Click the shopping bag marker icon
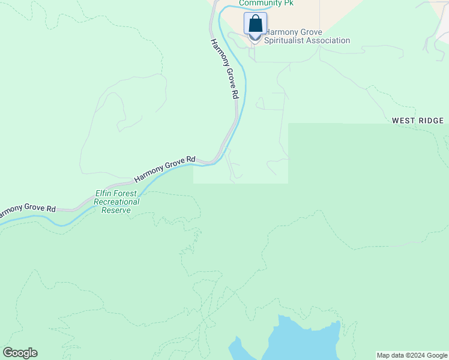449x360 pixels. tap(255, 24)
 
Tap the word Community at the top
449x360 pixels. tap(258, 3)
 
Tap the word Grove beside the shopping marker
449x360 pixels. tap(312, 32)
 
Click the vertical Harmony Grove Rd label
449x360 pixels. tap(225, 69)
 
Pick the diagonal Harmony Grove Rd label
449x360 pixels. tap(165, 169)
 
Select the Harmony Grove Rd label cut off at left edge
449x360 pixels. tap(27, 211)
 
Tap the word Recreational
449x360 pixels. tap(116, 202)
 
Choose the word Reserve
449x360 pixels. tap(116, 210)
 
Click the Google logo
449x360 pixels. tap(20, 353)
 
